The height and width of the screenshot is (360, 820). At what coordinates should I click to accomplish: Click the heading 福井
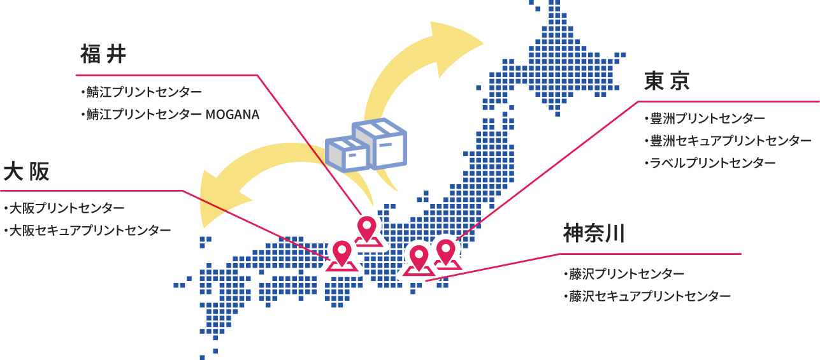click(103, 55)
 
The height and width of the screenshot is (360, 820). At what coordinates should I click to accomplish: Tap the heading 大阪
click(26, 171)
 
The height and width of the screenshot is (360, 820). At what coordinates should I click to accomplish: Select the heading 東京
click(667, 81)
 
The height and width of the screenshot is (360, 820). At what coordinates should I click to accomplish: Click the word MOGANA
click(233, 115)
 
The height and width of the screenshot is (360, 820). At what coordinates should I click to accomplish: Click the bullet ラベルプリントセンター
click(713, 163)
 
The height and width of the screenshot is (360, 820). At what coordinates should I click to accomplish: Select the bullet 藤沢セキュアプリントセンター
click(649, 296)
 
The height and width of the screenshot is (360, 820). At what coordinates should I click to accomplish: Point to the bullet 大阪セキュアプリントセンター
click(89, 230)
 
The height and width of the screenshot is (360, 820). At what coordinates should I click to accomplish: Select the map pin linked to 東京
click(446, 251)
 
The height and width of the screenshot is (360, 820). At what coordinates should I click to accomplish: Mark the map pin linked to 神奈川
click(419, 257)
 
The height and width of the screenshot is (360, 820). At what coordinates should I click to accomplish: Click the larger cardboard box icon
click(381, 143)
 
